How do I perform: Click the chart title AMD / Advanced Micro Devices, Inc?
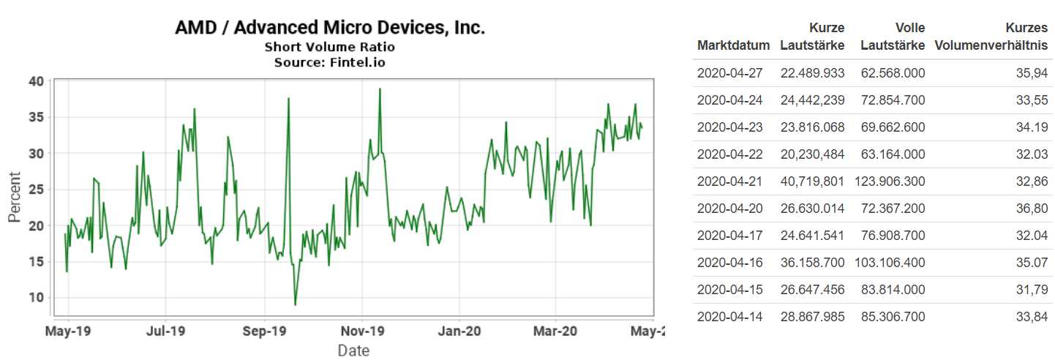[330, 29]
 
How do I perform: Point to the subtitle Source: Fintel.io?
[329, 62]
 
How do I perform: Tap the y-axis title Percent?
[15, 198]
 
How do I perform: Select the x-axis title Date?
[353, 350]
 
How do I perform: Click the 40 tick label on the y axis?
[37, 80]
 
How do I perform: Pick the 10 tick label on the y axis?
[37, 297]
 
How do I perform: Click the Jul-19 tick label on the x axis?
[166, 331]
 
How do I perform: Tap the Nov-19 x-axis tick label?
[363, 331]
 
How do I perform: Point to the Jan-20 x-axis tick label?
[459, 331]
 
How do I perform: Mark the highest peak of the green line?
[380, 89]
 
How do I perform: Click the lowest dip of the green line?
[295, 304]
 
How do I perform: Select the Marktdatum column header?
[733, 45]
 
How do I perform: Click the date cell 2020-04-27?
[729, 72]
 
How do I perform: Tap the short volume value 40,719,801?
[812, 181]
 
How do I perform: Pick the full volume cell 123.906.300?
[893, 181]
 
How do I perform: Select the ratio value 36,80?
[1032, 209]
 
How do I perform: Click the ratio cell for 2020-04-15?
[1032, 290]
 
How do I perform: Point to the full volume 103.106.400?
[893, 263]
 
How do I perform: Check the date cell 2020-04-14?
[729, 317]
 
